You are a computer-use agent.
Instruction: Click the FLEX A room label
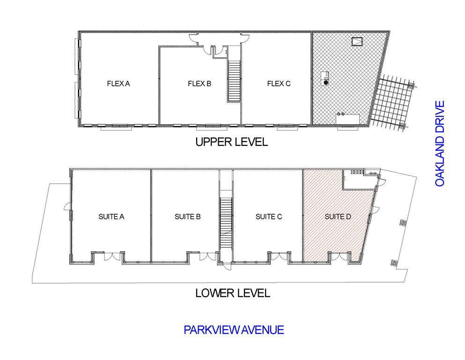click(118, 84)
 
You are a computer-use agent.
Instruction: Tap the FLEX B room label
click(199, 84)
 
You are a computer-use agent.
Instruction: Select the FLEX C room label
click(279, 84)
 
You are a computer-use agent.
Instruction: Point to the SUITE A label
click(111, 217)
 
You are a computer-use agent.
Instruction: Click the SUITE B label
click(188, 217)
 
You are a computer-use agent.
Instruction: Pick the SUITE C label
click(269, 217)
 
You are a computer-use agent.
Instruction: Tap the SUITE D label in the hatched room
click(338, 217)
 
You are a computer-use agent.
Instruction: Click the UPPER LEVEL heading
click(232, 142)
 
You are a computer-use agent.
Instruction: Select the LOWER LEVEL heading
click(233, 293)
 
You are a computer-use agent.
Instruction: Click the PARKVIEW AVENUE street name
click(234, 330)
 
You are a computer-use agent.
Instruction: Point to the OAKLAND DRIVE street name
click(440, 143)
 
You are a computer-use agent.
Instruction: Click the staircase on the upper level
click(234, 81)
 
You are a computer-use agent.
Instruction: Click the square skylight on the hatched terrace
click(357, 41)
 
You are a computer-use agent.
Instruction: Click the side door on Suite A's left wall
click(67, 206)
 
